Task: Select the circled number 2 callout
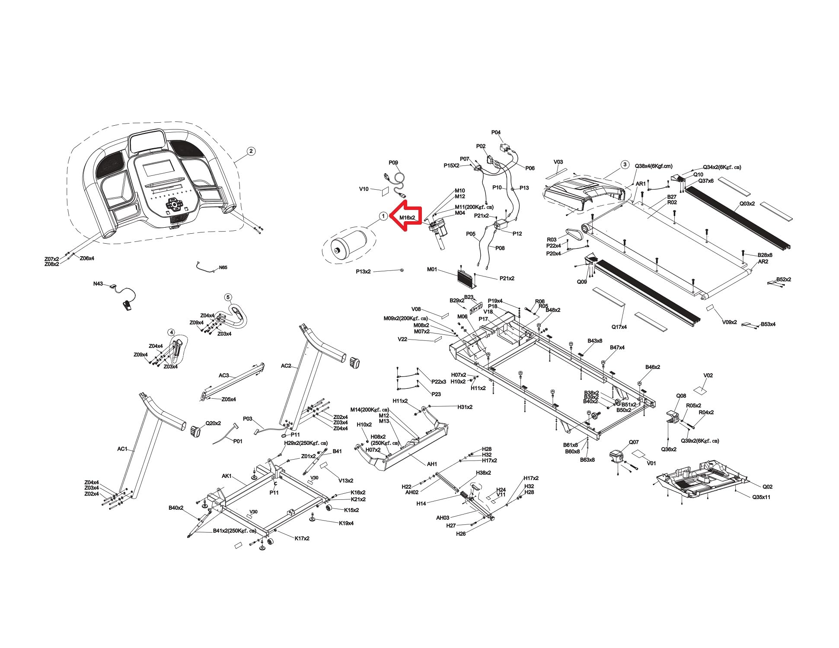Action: [251, 151]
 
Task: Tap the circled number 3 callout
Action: [624, 164]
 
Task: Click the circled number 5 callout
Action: [228, 297]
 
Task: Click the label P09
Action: [393, 163]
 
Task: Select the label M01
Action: [432, 270]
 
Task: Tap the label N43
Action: [98, 284]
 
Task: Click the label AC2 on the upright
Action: [286, 366]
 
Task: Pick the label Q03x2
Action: [747, 203]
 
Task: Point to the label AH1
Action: [432, 464]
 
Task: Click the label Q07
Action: [634, 442]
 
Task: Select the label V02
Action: [708, 375]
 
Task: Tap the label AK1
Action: [227, 476]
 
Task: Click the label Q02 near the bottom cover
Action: [767, 486]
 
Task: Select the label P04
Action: [496, 133]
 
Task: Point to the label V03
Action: [558, 162]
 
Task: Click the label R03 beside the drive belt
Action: [552, 239]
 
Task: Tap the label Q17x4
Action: [619, 327]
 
